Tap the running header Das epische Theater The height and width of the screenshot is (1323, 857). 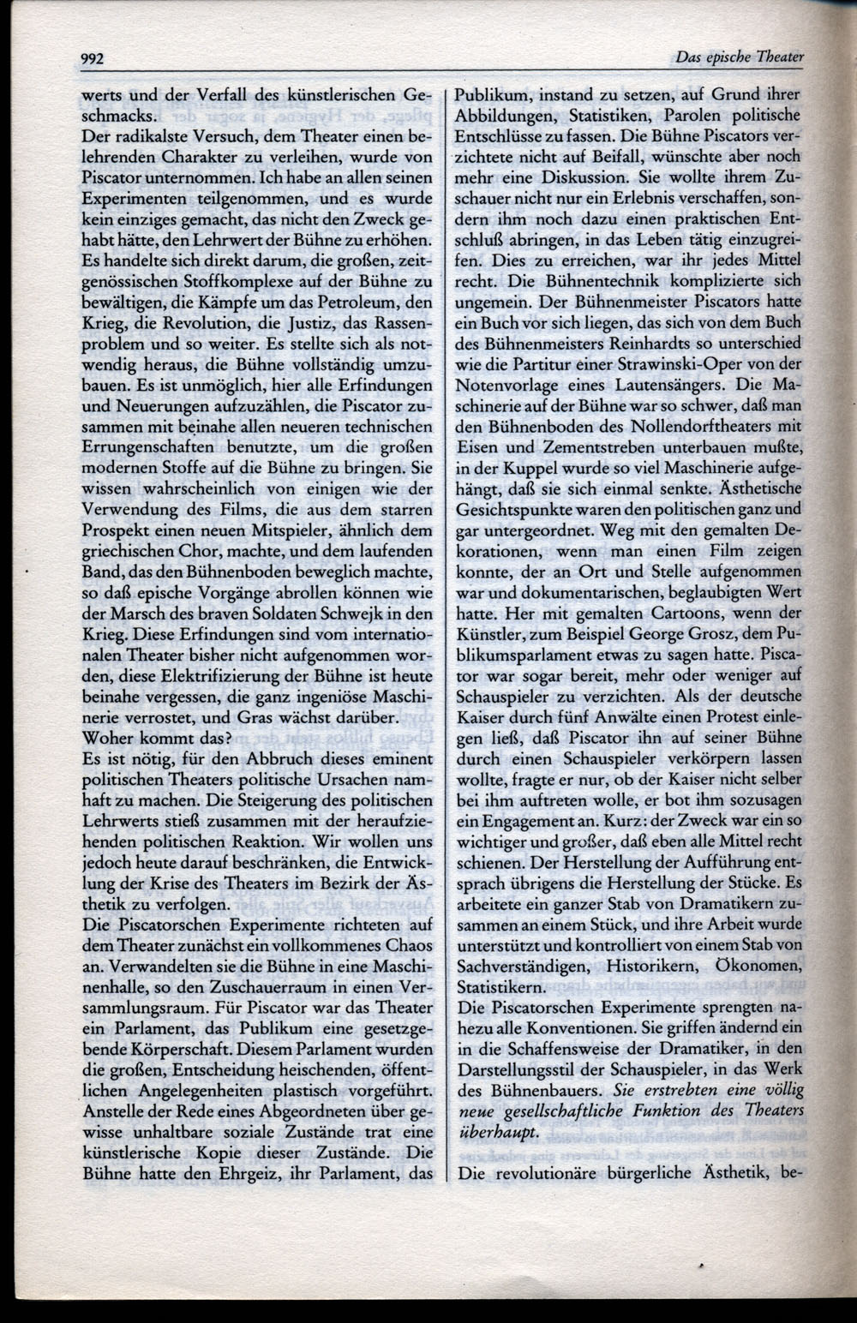[x=739, y=57]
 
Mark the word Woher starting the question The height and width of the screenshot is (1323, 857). [x=105, y=738]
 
